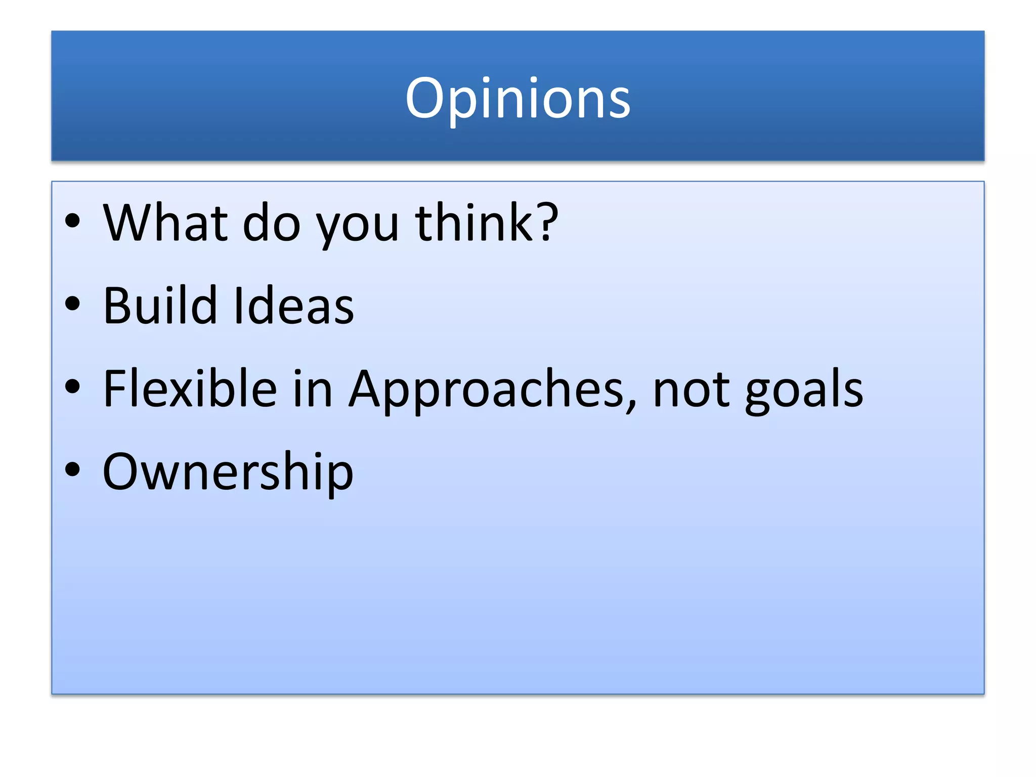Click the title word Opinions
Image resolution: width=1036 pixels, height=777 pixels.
point(517,99)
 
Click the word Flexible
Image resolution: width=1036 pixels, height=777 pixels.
point(190,388)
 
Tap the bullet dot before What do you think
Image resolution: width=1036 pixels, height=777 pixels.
point(73,221)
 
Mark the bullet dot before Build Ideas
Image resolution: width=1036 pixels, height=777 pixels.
point(73,304)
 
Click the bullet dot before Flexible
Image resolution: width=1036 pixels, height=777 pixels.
point(73,386)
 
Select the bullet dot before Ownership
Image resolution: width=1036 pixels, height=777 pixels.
point(73,469)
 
